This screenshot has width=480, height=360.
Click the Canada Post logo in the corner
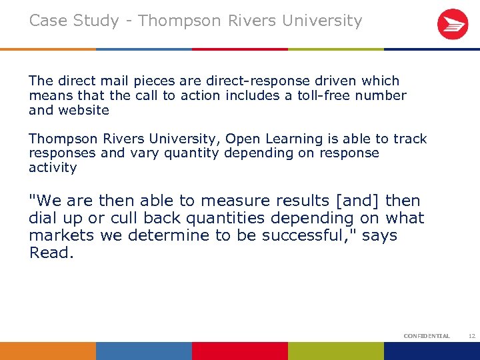(452, 25)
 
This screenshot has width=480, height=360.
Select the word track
(409, 139)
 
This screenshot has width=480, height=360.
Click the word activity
(53, 168)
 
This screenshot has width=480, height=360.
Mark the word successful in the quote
(317, 235)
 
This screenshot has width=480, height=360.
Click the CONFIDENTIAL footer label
(427, 336)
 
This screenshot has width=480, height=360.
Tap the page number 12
(472, 336)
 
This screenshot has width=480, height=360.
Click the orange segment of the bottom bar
(48, 351)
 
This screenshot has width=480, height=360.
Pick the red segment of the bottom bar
(240, 351)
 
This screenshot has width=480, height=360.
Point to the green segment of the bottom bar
(336, 351)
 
